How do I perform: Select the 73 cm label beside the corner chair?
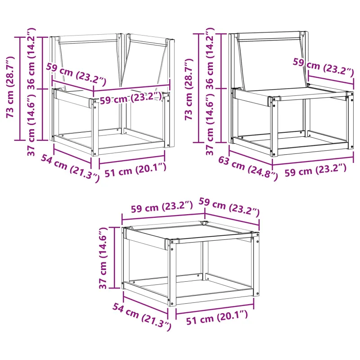coord(10,87)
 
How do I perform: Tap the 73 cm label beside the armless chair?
coord(189,89)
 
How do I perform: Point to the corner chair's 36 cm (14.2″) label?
coord(31,58)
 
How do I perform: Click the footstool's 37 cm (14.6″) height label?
coord(103,258)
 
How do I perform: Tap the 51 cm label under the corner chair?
coord(135,170)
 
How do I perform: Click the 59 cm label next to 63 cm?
coord(315,170)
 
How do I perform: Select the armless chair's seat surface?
coord(292,94)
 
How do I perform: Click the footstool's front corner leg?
coord(172,273)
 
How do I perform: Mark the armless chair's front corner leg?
coord(274,126)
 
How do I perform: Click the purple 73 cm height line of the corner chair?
coord(20,88)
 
